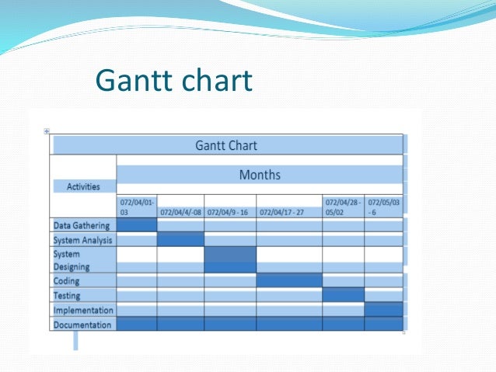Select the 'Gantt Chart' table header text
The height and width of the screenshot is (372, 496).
pos(226,145)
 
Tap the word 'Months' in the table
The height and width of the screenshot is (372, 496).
pos(260,175)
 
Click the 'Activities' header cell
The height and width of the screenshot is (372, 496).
pos(83,186)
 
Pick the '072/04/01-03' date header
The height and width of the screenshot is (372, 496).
pos(136,207)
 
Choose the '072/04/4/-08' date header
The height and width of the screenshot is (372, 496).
pos(180,211)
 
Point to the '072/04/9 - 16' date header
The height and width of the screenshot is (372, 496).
pos(229,211)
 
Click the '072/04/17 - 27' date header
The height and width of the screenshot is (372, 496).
pos(288,211)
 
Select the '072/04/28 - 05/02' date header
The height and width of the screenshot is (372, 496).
pos(343,207)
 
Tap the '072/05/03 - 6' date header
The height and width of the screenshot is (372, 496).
pos(382,207)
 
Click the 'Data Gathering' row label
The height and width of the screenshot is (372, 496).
pos(82,226)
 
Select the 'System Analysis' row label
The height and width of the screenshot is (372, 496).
pos(82,240)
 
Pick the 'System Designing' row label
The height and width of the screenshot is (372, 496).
pos(71,260)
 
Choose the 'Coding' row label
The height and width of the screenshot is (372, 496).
pos(67,280)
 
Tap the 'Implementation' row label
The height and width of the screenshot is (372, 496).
pos(83,310)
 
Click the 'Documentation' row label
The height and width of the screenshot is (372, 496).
pos(82,325)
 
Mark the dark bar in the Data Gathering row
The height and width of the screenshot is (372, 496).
pos(137,225)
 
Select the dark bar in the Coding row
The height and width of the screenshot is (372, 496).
pos(289,280)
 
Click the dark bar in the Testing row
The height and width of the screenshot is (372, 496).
pos(343,295)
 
